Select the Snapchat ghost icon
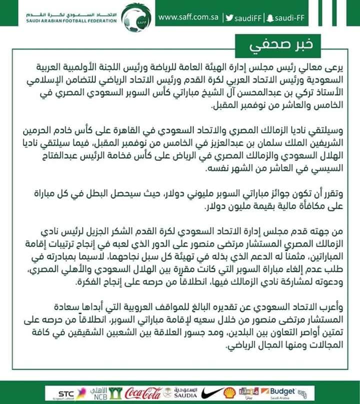[x=283, y=18]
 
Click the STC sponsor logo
[x=66, y=393]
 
